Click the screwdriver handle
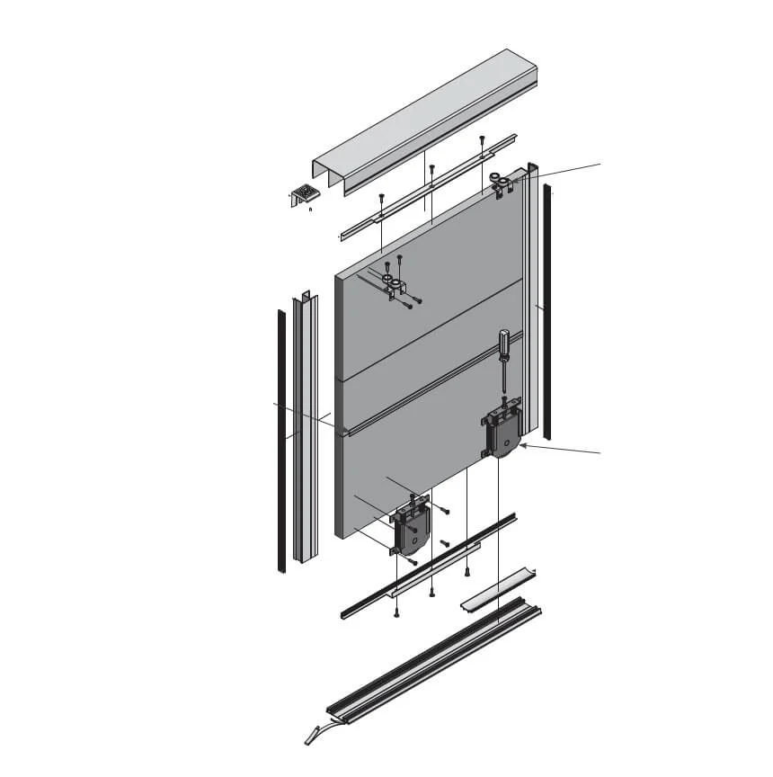[x=504, y=343]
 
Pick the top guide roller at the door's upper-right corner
[x=502, y=184]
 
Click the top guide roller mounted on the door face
[x=393, y=285]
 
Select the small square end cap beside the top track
[x=306, y=192]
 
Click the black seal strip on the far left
[x=280, y=441]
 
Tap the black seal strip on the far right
[x=547, y=306]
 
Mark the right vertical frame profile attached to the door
[x=531, y=297]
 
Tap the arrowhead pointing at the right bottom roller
[x=524, y=443]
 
